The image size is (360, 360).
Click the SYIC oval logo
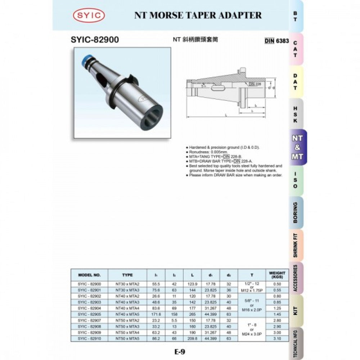point(89,15)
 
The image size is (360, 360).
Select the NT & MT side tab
point(297,147)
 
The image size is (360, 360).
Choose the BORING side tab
point(296,212)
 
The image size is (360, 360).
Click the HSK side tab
point(296,114)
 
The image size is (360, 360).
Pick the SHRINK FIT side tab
point(296,245)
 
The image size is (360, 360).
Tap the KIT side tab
point(296,311)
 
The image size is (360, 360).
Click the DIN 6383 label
point(277,41)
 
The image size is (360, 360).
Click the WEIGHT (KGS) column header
point(277,275)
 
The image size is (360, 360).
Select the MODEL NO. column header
point(89,275)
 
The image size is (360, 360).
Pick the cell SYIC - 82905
point(89,314)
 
